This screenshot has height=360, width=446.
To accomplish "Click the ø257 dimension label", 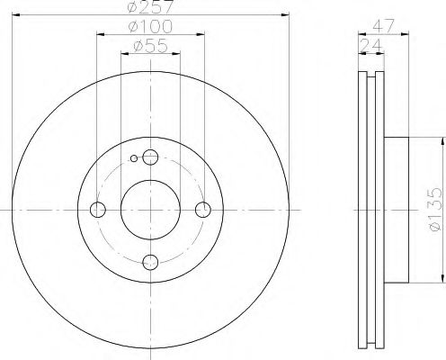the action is tap(150, 6).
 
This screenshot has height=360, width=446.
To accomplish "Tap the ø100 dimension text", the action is tap(150, 26).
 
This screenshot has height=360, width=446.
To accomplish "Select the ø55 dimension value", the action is tap(150, 46).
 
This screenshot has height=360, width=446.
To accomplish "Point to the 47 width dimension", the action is tap(383, 26).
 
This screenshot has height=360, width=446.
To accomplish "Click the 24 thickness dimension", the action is tap(371, 46).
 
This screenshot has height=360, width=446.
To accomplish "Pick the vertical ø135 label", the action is tap(435, 210).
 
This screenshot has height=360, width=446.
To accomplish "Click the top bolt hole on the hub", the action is tap(150, 157).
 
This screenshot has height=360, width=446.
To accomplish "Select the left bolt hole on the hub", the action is tap(98, 210).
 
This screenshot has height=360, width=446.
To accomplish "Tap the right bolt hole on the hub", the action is tap(203, 210).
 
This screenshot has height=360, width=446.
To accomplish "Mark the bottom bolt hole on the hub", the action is tap(150, 262).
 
